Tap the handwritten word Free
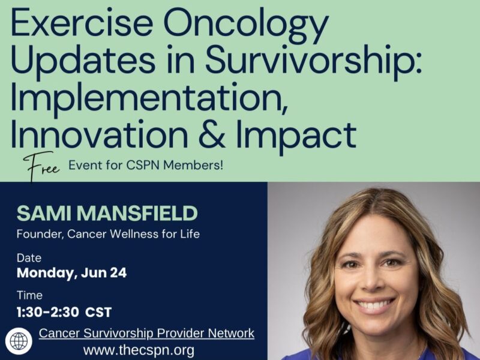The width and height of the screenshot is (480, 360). [42, 165]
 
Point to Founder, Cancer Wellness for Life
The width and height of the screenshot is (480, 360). [108, 233]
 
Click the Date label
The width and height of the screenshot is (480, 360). [29, 258]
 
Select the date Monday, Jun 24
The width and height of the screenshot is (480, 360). [71, 274]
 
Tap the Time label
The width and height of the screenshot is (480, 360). [29, 296]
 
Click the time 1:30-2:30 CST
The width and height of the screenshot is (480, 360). [64, 311]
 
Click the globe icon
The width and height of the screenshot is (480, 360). [19, 341]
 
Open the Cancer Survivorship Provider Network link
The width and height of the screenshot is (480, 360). [146, 333]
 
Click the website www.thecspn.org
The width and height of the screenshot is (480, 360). [139, 350]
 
